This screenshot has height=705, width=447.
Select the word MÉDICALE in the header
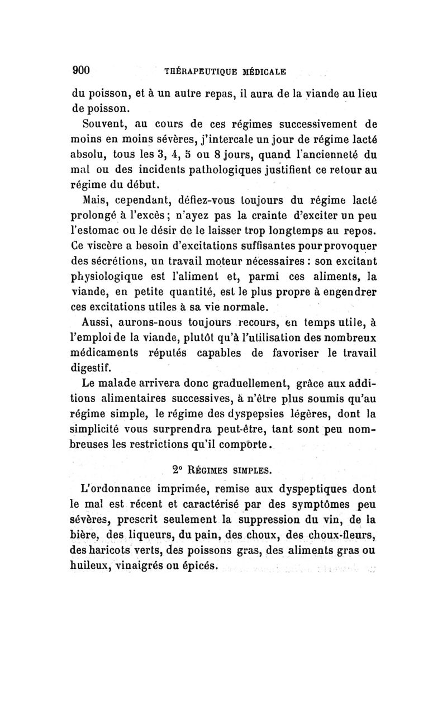pos(265,71)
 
